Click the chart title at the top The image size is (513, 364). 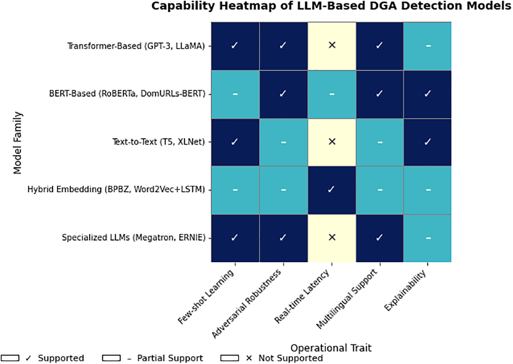[331, 6]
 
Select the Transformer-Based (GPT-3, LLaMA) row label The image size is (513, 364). [136, 46]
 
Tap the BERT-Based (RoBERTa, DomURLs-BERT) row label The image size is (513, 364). [127, 94]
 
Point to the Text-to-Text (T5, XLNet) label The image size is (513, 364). [158, 142]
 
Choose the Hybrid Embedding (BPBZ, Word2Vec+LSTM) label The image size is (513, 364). [116, 190]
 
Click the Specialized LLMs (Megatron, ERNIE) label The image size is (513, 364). [133, 238]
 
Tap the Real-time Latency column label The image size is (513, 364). [303, 296]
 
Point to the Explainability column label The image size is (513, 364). [406, 290]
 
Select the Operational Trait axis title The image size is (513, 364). [331, 348]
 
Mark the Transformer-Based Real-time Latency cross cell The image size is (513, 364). [332, 46]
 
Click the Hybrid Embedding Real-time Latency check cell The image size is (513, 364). [332, 190]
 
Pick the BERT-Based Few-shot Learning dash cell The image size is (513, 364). [235, 94]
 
